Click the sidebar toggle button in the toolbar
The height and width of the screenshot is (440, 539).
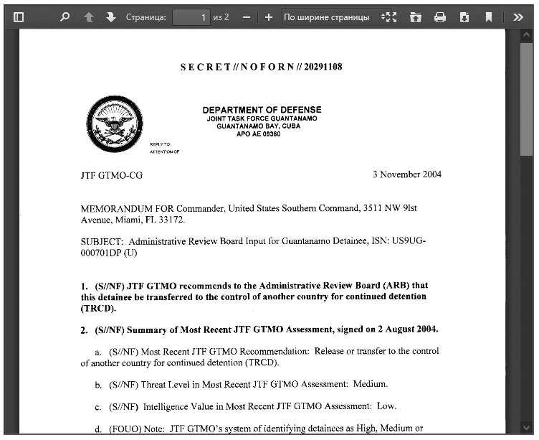19,17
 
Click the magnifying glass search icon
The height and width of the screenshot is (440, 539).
65,17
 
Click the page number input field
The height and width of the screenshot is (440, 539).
191,17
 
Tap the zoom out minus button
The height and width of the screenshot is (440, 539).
247,17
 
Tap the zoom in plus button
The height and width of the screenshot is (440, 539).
268,17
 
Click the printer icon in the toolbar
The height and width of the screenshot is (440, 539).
440,17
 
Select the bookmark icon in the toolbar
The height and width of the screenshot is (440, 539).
489,17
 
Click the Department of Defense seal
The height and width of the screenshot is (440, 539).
114,125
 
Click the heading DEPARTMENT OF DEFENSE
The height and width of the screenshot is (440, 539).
262,110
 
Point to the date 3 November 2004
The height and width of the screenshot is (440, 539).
407,174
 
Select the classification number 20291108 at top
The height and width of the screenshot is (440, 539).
323,67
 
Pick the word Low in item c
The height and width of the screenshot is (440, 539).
386,406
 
